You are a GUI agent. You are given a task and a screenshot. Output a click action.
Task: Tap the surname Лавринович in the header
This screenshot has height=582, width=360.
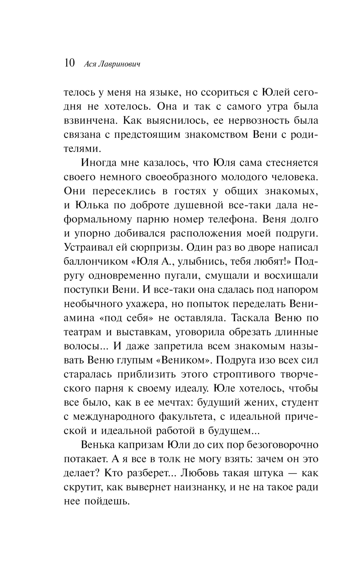[x=117, y=64]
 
